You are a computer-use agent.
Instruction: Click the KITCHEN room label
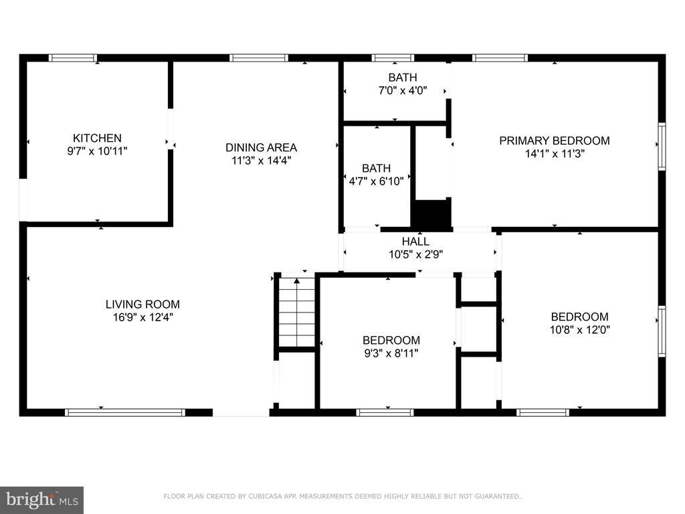point(97,138)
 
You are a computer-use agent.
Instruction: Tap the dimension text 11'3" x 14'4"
point(262,161)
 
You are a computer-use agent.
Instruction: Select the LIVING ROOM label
point(143,305)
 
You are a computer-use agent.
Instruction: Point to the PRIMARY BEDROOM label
point(555,141)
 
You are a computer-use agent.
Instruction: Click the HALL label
point(415,241)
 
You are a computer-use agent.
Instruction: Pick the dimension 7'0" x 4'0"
point(402,90)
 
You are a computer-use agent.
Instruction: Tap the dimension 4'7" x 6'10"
point(376,181)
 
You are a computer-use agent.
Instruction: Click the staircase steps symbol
point(297,313)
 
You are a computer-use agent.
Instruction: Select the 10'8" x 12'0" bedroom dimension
point(580,329)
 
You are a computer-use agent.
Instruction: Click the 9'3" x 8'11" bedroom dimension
point(391,353)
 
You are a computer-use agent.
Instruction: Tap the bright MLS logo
point(41,500)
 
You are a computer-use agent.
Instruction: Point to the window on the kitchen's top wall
point(72,58)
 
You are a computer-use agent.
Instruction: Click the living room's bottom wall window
point(125,412)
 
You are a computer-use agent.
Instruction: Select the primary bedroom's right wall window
point(662,147)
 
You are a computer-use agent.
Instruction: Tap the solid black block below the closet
point(431,213)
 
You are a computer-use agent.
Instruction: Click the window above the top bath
point(393,58)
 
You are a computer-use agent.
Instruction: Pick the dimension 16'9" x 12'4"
point(143,317)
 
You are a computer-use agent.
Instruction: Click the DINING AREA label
point(262,147)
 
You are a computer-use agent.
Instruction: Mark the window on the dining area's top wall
point(259,58)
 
